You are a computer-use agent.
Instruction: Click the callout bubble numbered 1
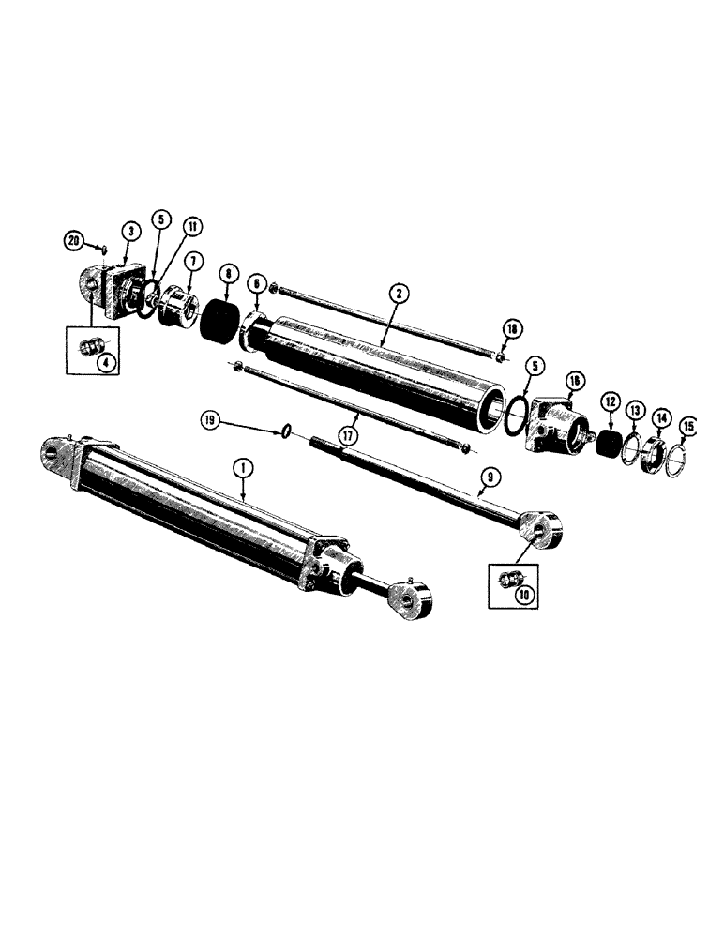point(243,463)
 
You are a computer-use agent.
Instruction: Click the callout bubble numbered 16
point(573,379)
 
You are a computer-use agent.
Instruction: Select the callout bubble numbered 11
point(191,227)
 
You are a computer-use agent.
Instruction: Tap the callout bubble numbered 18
point(510,329)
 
